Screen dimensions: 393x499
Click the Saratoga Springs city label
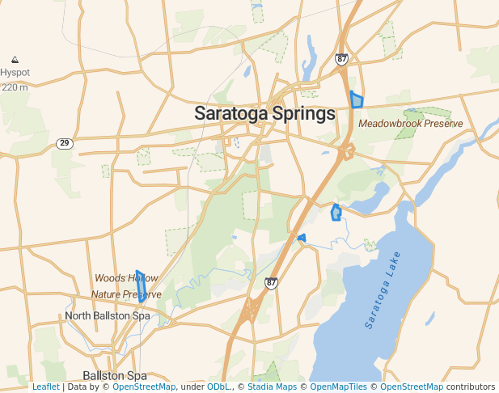point(264,114)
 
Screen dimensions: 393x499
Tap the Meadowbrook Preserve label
point(411,124)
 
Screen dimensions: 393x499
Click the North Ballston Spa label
point(108,315)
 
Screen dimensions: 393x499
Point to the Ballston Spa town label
point(115,376)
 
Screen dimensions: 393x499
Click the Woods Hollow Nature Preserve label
point(126,286)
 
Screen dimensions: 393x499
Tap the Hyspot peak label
point(15,73)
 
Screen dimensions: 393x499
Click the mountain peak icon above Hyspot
point(15,60)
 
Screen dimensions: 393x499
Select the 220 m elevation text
point(15,87)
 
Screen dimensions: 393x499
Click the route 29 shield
point(64,143)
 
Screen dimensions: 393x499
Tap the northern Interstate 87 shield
point(341,59)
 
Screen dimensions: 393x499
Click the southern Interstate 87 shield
point(271,282)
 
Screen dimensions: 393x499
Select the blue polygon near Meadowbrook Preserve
point(357,100)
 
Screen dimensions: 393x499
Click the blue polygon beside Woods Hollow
point(142,287)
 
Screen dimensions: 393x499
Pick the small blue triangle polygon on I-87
point(302,238)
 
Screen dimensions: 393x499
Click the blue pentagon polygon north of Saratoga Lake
point(336,213)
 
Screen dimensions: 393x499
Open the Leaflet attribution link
point(45,387)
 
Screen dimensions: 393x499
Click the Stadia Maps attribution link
point(272,387)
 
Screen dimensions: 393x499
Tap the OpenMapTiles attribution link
point(338,387)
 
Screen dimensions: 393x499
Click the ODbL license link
point(218,387)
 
